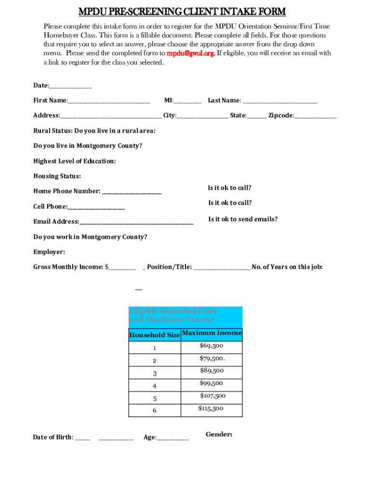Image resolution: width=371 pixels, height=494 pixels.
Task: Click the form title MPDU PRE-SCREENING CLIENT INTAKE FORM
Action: tap(182, 12)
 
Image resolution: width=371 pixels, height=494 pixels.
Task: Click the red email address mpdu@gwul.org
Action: tap(190, 54)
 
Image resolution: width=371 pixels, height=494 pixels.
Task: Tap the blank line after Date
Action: tap(70, 86)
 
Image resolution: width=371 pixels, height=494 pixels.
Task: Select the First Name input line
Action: tap(109, 101)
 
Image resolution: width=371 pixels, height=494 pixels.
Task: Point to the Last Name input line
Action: tap(280, 101)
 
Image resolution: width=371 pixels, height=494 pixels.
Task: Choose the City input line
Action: tap(202, 116)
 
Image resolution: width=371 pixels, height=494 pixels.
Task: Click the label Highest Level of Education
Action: tap(75, 161)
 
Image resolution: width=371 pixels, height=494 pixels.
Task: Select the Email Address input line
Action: tap(136, 222)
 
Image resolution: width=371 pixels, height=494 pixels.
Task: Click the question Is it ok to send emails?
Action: tap(243, 219)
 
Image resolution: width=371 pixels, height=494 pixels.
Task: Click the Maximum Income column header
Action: tap(212, 333)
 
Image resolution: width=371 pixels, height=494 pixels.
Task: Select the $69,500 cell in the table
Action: tap(212, 346)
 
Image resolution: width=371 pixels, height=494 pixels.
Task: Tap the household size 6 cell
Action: tap(155, 411)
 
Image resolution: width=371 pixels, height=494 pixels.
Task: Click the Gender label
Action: tap(219, 435)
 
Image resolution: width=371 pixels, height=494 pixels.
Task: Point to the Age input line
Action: tap(172, 438)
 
